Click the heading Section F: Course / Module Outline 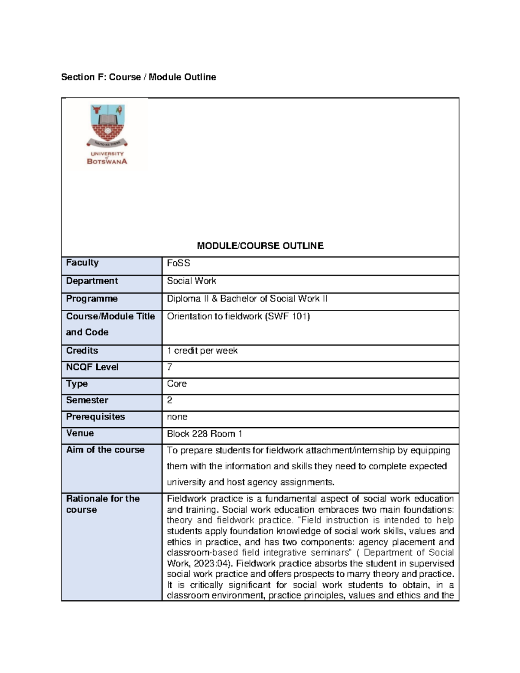pos(138,77)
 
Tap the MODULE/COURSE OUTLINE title pos(260,246)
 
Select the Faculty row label pos(82,263)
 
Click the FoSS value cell pos(179,263)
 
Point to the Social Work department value pos(192,281)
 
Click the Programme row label pos(92,299)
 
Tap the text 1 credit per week pos(202,351)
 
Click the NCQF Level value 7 pos(169,367)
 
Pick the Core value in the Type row pos(177,384)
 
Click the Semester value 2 pos(169,400)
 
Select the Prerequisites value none pos(177,417)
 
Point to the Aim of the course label pos(105,450)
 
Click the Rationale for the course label pos(103,504)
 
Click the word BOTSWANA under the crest pos(107,162)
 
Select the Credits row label pos(82,351)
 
